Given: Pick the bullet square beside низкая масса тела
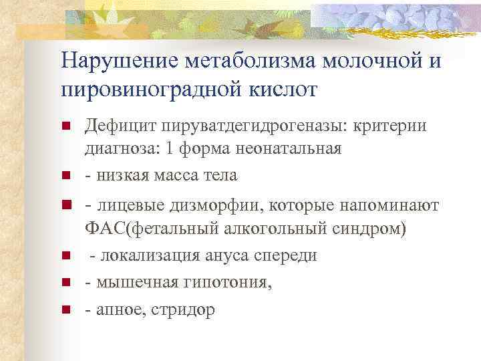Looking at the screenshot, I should [65, 176].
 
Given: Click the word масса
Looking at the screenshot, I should [174, 174].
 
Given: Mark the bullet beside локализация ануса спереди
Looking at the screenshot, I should [65, 256].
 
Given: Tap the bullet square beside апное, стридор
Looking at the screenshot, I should [65, 310].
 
